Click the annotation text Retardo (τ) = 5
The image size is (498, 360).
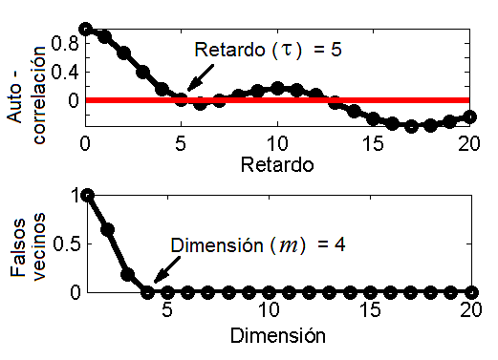pos(268,50)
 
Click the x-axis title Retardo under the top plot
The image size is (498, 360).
pos(275,163)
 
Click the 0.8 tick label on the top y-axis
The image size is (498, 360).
pos(62,43)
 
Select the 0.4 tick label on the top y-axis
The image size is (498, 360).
pos(62,72)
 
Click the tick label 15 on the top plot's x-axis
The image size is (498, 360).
pos(373,143)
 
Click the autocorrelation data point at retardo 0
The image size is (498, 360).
pos(86,29)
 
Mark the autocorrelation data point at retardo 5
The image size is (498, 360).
pos(182,98)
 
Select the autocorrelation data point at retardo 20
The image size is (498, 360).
pos(468,116)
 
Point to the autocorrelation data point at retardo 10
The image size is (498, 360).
pos(277,88)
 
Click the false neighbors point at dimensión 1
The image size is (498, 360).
pos(89,195)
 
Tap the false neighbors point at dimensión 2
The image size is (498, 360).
pos(108,229)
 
